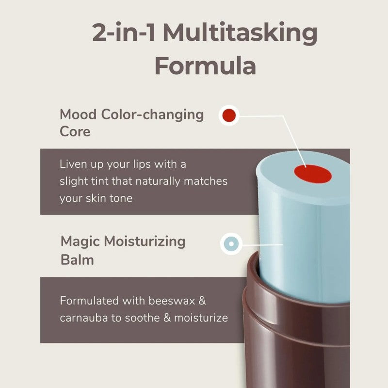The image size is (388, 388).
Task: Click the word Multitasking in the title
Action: [x=240, y=33]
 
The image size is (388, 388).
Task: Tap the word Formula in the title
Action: [x=205, y=66]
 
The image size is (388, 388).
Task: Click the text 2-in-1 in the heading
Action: [x=124, y=32]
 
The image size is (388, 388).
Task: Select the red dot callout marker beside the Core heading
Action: [x=229, y=115]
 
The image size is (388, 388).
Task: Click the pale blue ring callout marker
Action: [x=231, y=244]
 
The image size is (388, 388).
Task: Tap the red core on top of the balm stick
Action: [x=313, y=174]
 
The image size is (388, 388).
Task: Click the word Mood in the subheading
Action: [x=78, y=114]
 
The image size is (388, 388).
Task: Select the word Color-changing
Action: [x=152, y=115]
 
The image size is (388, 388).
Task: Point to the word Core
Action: [x=75, y=131]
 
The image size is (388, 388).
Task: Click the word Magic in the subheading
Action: [x=80, y=242]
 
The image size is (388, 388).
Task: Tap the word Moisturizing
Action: [x=145, y=242]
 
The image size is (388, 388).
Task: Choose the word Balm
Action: [x=77, y=260]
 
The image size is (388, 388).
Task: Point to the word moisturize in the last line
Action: [x=201, y=318]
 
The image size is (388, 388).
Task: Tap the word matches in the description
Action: [x=206, y=181]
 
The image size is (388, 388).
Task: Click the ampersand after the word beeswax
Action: [x=202, y=301]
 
